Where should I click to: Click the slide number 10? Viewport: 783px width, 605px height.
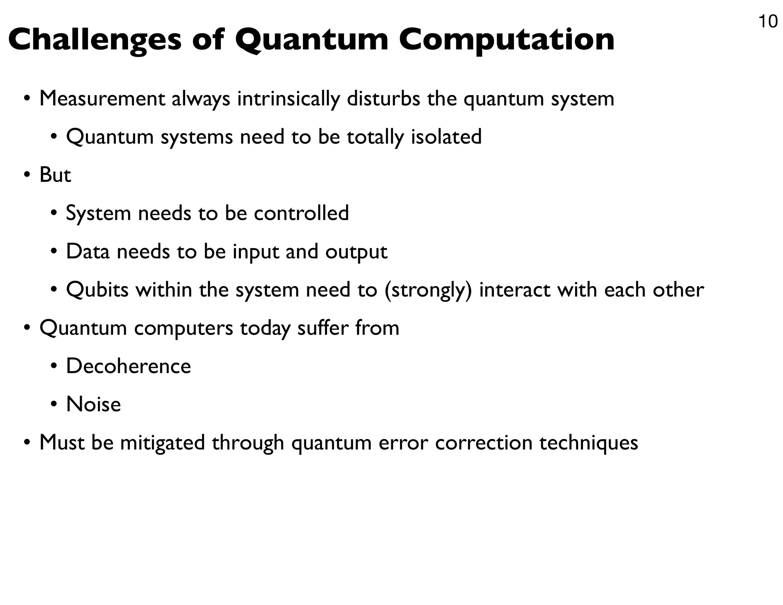click(767, 22)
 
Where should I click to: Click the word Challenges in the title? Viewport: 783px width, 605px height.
click(94, 41)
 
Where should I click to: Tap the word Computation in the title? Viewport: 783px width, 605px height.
click(507, 41)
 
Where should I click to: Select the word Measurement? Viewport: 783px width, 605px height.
click(102, 99)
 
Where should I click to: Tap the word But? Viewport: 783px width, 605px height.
click(55, 175)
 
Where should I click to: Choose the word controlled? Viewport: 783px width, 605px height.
click(301, 213)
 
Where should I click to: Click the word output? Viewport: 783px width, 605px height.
click(356, 252)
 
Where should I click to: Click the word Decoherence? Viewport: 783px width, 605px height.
click(128, 366)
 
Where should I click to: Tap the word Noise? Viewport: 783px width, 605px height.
click(93, 404)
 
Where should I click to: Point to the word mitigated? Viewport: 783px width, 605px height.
click(162, 443)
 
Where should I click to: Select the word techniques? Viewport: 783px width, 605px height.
click(588, 443)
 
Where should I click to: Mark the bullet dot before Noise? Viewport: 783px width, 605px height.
click(54, 405)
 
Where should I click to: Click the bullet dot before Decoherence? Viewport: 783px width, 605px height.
click(54, 367)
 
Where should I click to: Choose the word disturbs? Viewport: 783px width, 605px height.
click(383, 99)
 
